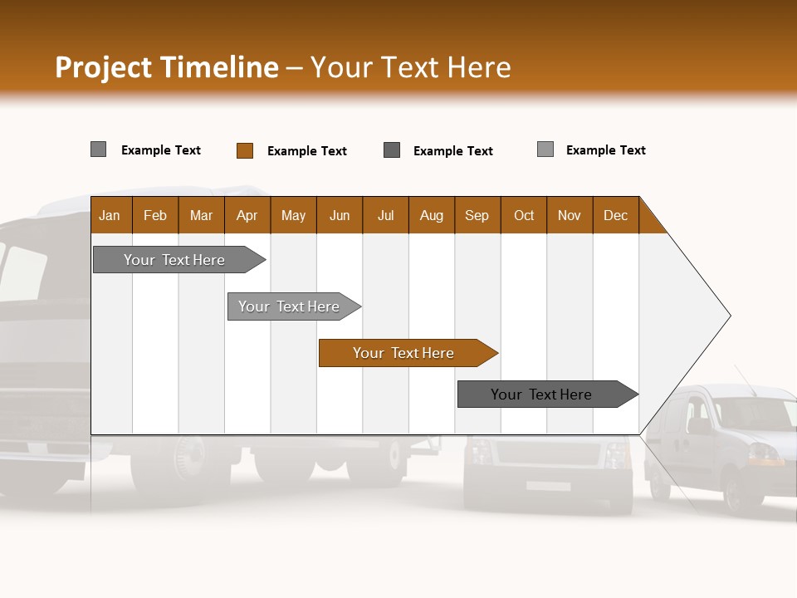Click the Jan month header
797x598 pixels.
(x=110, y=215)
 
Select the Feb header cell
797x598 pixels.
(x=155, y=215)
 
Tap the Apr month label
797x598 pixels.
(x=247, y=215)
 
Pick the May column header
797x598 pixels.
(x=293, y=215)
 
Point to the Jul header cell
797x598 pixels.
(x=385, y=215)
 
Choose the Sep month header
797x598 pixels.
(x=477, y=215)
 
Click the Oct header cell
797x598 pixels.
(x=524, y=215)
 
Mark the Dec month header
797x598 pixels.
(x=615, y=215)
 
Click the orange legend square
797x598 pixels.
(x=245, y=150)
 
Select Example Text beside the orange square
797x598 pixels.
(x=306, y=151)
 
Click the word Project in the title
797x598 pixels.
(x=105, y=67)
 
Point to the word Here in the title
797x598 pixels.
(x=479, y=67)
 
